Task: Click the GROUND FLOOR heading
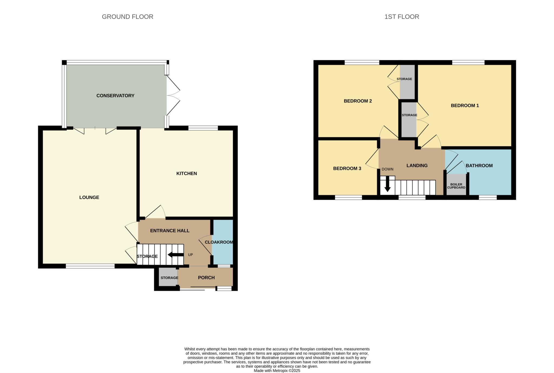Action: (127, 17)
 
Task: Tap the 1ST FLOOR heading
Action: (402, 17)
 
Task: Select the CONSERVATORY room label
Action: (116, 95)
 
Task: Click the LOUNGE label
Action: (89, 197)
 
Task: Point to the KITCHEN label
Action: (187, 173)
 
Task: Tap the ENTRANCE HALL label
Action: (170, 231)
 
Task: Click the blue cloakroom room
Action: (222, 242)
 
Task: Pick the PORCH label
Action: (206, 278)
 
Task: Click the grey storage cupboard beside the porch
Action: (168, 277)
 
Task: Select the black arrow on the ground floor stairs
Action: (176, 255)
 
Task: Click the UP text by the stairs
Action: (190, 255)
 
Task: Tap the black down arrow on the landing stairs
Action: (387, 184)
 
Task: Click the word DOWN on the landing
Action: (388, 169)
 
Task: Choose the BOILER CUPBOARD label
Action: (456, 186)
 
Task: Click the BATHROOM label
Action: (479, 166)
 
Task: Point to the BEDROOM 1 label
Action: (465, 105)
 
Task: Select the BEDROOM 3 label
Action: (347, 169)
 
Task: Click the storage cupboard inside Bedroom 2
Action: (407, 82)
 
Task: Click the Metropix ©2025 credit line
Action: (277, 371)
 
